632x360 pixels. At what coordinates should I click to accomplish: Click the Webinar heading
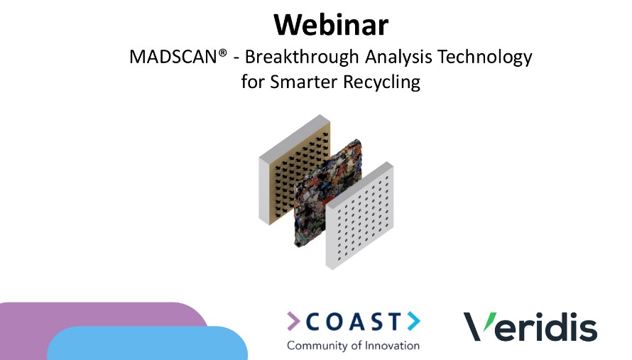331,26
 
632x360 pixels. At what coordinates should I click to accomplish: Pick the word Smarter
303,82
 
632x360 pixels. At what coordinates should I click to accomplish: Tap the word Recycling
382,82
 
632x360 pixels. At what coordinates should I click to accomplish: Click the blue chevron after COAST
413,322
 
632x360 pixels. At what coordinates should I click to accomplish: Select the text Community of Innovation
353,346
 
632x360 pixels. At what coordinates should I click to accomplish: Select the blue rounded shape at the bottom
149,344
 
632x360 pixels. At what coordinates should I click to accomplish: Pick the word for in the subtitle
253,82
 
